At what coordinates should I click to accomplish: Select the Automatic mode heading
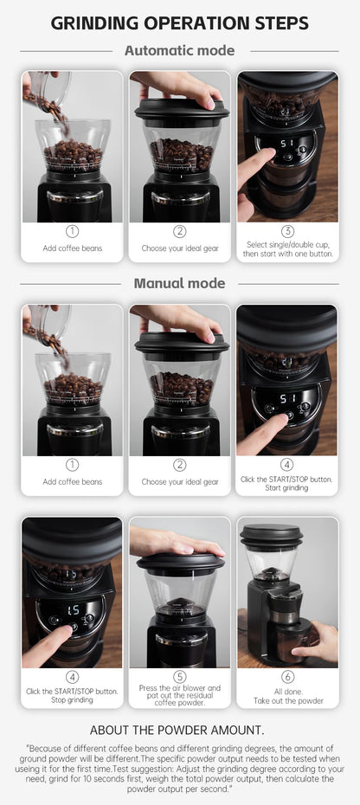179,50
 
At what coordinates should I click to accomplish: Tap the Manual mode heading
179,283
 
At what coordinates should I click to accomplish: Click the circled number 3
287,231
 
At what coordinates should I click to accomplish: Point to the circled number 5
180,676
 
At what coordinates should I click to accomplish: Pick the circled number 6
287,676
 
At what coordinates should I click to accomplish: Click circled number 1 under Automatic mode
73,231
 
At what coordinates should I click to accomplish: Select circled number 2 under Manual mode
180,465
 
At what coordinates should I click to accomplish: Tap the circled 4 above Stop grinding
73,676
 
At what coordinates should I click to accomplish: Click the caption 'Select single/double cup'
287,244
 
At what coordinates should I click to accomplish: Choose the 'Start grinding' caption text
287,487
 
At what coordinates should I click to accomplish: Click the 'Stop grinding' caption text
73,699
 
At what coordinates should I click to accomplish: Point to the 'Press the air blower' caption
180,688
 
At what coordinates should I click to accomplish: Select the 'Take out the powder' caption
287,699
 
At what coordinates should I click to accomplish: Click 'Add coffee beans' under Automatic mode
73,248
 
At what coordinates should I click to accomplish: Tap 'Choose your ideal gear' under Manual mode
180,481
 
